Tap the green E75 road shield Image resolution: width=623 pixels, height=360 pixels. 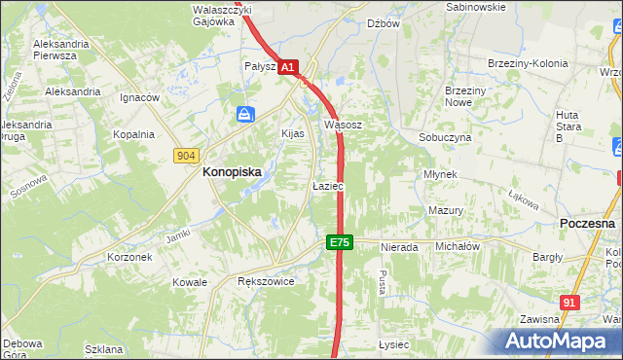pyautogui.click(x=339, y=241)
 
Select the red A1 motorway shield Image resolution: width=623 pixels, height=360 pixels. pyautogui.click(x=288, y=67)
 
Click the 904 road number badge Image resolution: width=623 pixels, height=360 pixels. pyautogui.click(x=188, y=156)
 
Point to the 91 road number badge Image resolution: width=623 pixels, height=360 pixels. pyautogui.click(x=570, y=304)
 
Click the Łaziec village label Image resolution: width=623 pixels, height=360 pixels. pyautogui.click(x=326, y=185)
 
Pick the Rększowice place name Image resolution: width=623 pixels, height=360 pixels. pyautogui.click(x=266, y=280)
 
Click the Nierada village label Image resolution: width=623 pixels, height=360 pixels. pyautogui.click(x=399, y=247)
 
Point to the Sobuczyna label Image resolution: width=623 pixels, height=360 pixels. pyautogui.click(x=445, y=138)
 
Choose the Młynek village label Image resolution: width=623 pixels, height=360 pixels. pyautogui.click(x=441, y=173)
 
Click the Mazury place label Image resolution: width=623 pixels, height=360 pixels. pyautogui.click(x=445, y=210)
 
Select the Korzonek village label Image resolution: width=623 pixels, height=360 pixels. pyautogui.click(x=129, y=257)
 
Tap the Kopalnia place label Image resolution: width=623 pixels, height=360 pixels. pyautogui.click(x=133, y=135)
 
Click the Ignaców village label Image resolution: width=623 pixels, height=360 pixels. pyautogui.click(x=139, y=98)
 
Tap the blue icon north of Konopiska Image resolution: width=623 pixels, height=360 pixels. pyautogui.click(x=243, y=116)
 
